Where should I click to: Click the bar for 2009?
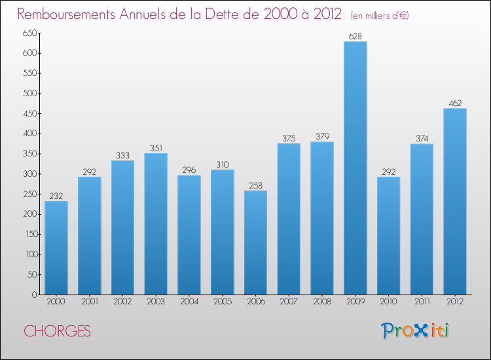(x=355, y=168)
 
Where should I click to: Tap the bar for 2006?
(x=255, y=242)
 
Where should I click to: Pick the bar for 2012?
(x=455, y=202)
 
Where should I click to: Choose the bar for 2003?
(x=156, y=224)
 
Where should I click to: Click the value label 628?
(x=355, y=37)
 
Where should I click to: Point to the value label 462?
(x=455, y=103)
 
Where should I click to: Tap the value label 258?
(x=255, y=185)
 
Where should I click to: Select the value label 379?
(x=322, y=137)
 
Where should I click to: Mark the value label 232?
(x=56, y=196)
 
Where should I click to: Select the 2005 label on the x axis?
(x=223, y=301)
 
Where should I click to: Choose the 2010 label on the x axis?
(x=389, y=301)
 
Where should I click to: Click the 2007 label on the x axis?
(x=289, y=301)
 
